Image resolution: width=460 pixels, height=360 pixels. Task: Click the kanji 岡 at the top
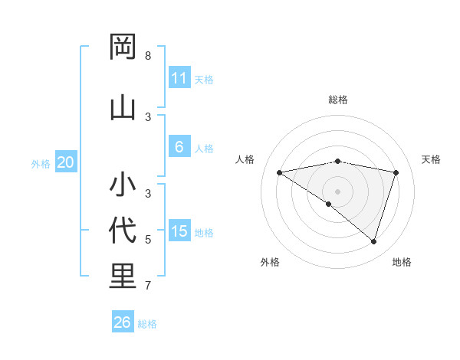[123, 48]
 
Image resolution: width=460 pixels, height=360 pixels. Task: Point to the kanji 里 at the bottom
[123, 277]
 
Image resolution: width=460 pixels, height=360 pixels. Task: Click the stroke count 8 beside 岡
[148, 56]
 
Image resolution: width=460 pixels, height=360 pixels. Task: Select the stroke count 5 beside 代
[148, 240]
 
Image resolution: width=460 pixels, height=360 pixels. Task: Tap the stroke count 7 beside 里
[148, 286]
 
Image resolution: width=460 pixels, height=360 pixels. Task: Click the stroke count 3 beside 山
[148, 116]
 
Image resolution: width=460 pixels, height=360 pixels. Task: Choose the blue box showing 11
[179, 78]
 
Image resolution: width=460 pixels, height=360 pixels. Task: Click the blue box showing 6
[179, 147]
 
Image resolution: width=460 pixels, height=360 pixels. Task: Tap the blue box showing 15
[179, 231]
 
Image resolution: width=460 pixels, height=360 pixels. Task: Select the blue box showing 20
[65, 162]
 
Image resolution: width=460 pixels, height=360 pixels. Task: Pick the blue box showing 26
[122, 322]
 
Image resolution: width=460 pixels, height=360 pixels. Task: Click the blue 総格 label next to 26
[147, 324]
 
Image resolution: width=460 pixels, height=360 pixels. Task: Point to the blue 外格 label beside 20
[41, 163]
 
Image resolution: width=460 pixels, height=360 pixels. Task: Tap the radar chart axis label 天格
[431, 159]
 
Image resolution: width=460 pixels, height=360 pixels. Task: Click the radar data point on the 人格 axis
[279, 172]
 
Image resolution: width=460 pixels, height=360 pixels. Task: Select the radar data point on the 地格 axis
[373, 241]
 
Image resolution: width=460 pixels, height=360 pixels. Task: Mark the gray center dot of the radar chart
[337, 191]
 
